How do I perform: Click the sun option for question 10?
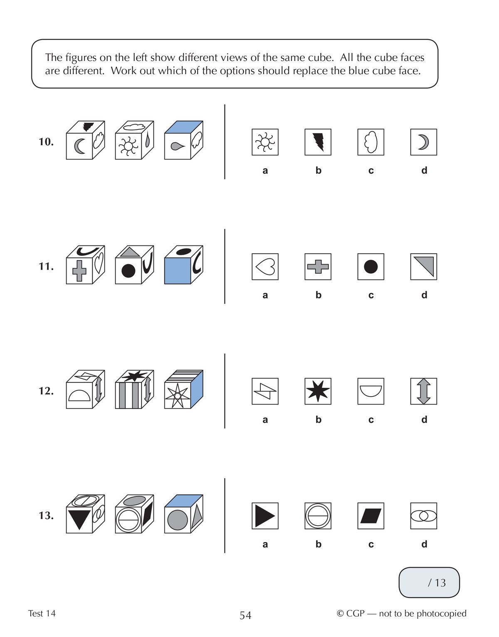click(x=265, y=142)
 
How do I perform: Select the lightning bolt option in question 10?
click(x=318, y=142)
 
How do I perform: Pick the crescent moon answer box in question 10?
click(x=423, y=142)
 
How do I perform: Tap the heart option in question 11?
click(x=265, y=267)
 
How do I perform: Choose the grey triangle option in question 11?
click(x=423, y=267)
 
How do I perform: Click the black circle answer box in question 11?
click(x=371, y=267)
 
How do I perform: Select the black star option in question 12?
click(x=318, y=391)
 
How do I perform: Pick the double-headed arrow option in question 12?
click(x=423, y=391)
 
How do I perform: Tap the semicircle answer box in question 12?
click(x=371, y=391)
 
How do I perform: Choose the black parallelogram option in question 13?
click(x=371, y=516)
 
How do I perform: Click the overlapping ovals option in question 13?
click(x=423, y=516)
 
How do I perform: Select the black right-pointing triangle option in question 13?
click(x=265, y=516)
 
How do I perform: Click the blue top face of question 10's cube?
click(x=184, y=127)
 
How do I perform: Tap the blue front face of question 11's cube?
click(x=178, y=271)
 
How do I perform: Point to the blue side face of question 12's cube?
click(x=197, y=389)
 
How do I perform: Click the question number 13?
click(x=46, y=516)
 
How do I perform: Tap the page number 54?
click(x=245, y=615)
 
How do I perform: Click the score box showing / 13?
click(x=429, y=582)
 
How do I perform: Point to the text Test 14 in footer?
click(x=42, y=613)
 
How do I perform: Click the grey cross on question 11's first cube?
click(x=79, y=271)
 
